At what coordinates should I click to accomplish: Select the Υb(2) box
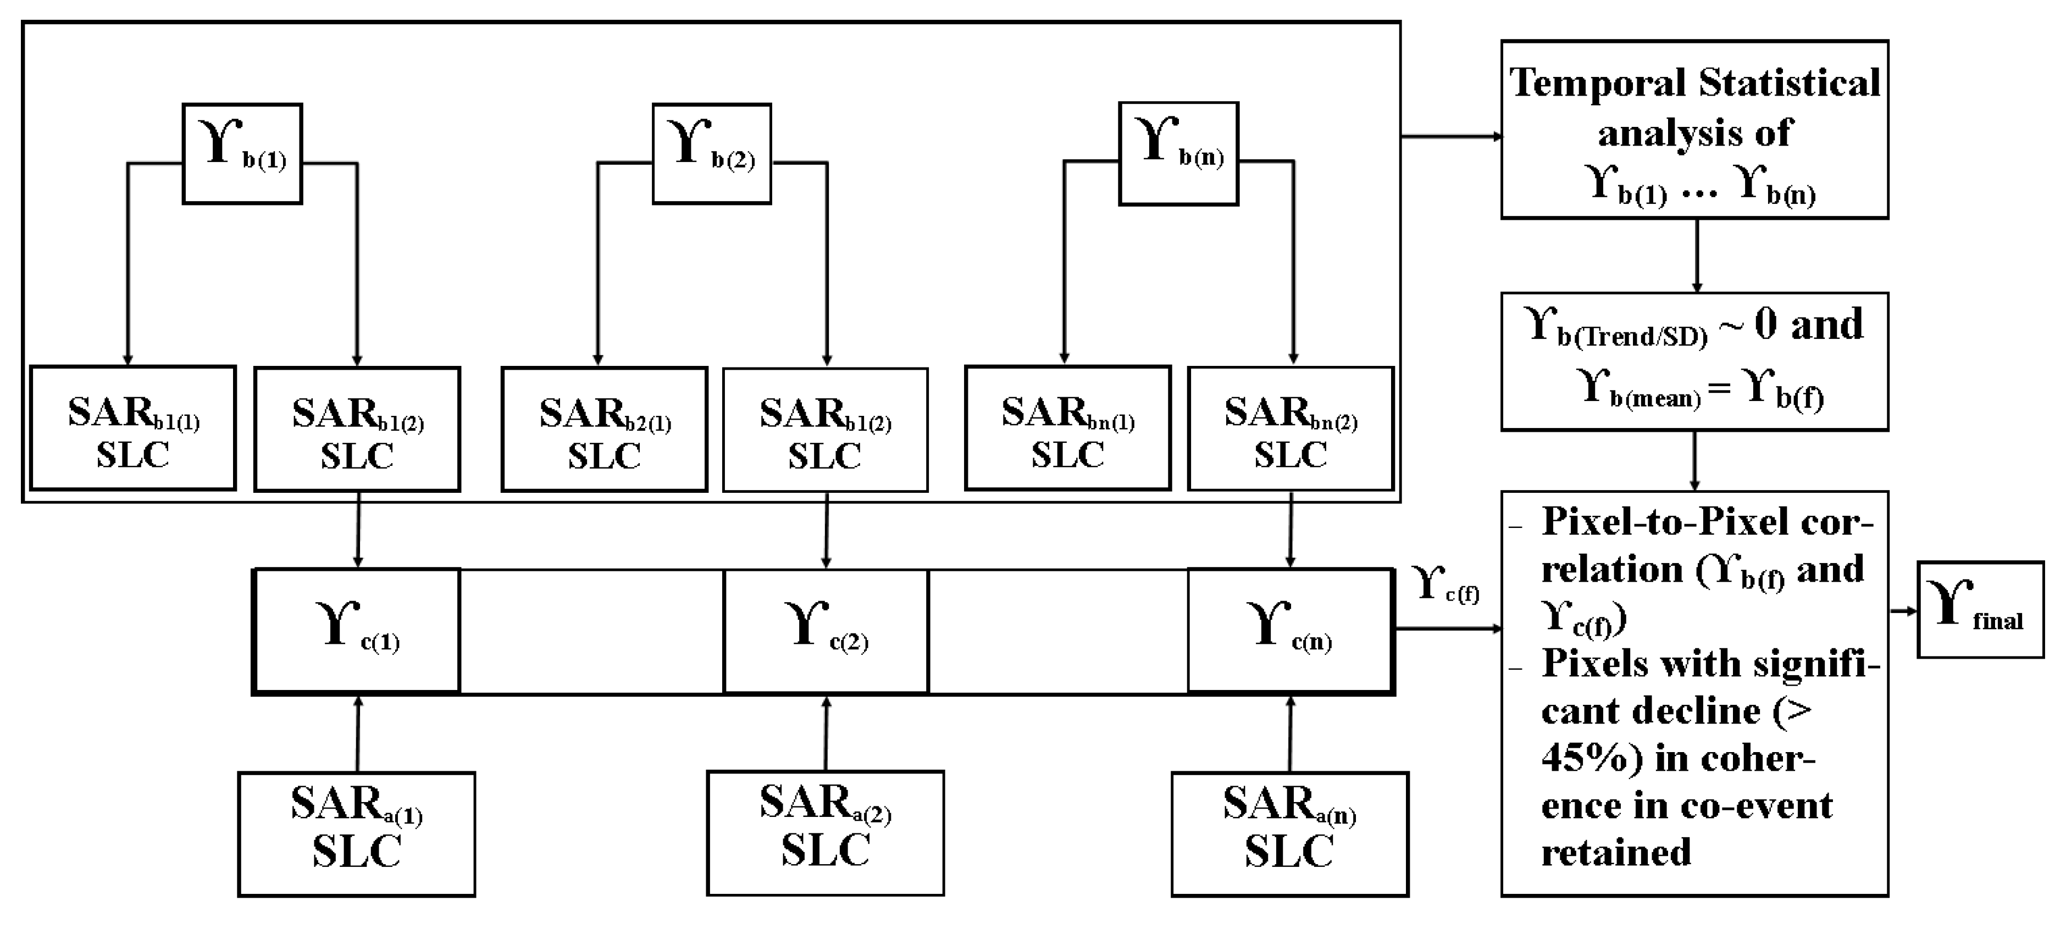tap(711, 153)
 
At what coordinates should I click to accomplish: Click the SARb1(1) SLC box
tap(133, 428)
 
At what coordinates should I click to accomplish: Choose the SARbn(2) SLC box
tap(1290, 428)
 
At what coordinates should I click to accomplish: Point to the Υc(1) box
tap(357, 630)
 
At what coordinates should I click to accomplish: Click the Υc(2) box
tap(826, 630)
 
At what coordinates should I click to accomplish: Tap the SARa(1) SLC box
tap(356, 833)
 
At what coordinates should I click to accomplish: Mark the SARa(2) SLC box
tap(826, 833)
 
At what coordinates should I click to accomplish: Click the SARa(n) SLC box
tap(1289, 833)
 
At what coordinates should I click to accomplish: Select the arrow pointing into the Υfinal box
tap(1902, 611)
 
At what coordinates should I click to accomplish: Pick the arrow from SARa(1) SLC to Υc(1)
tap(358, 733)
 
